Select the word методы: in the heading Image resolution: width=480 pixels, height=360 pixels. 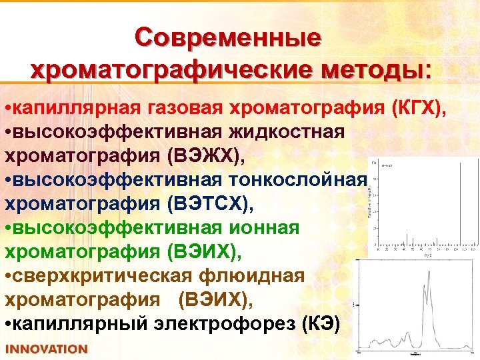coord(375,69)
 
